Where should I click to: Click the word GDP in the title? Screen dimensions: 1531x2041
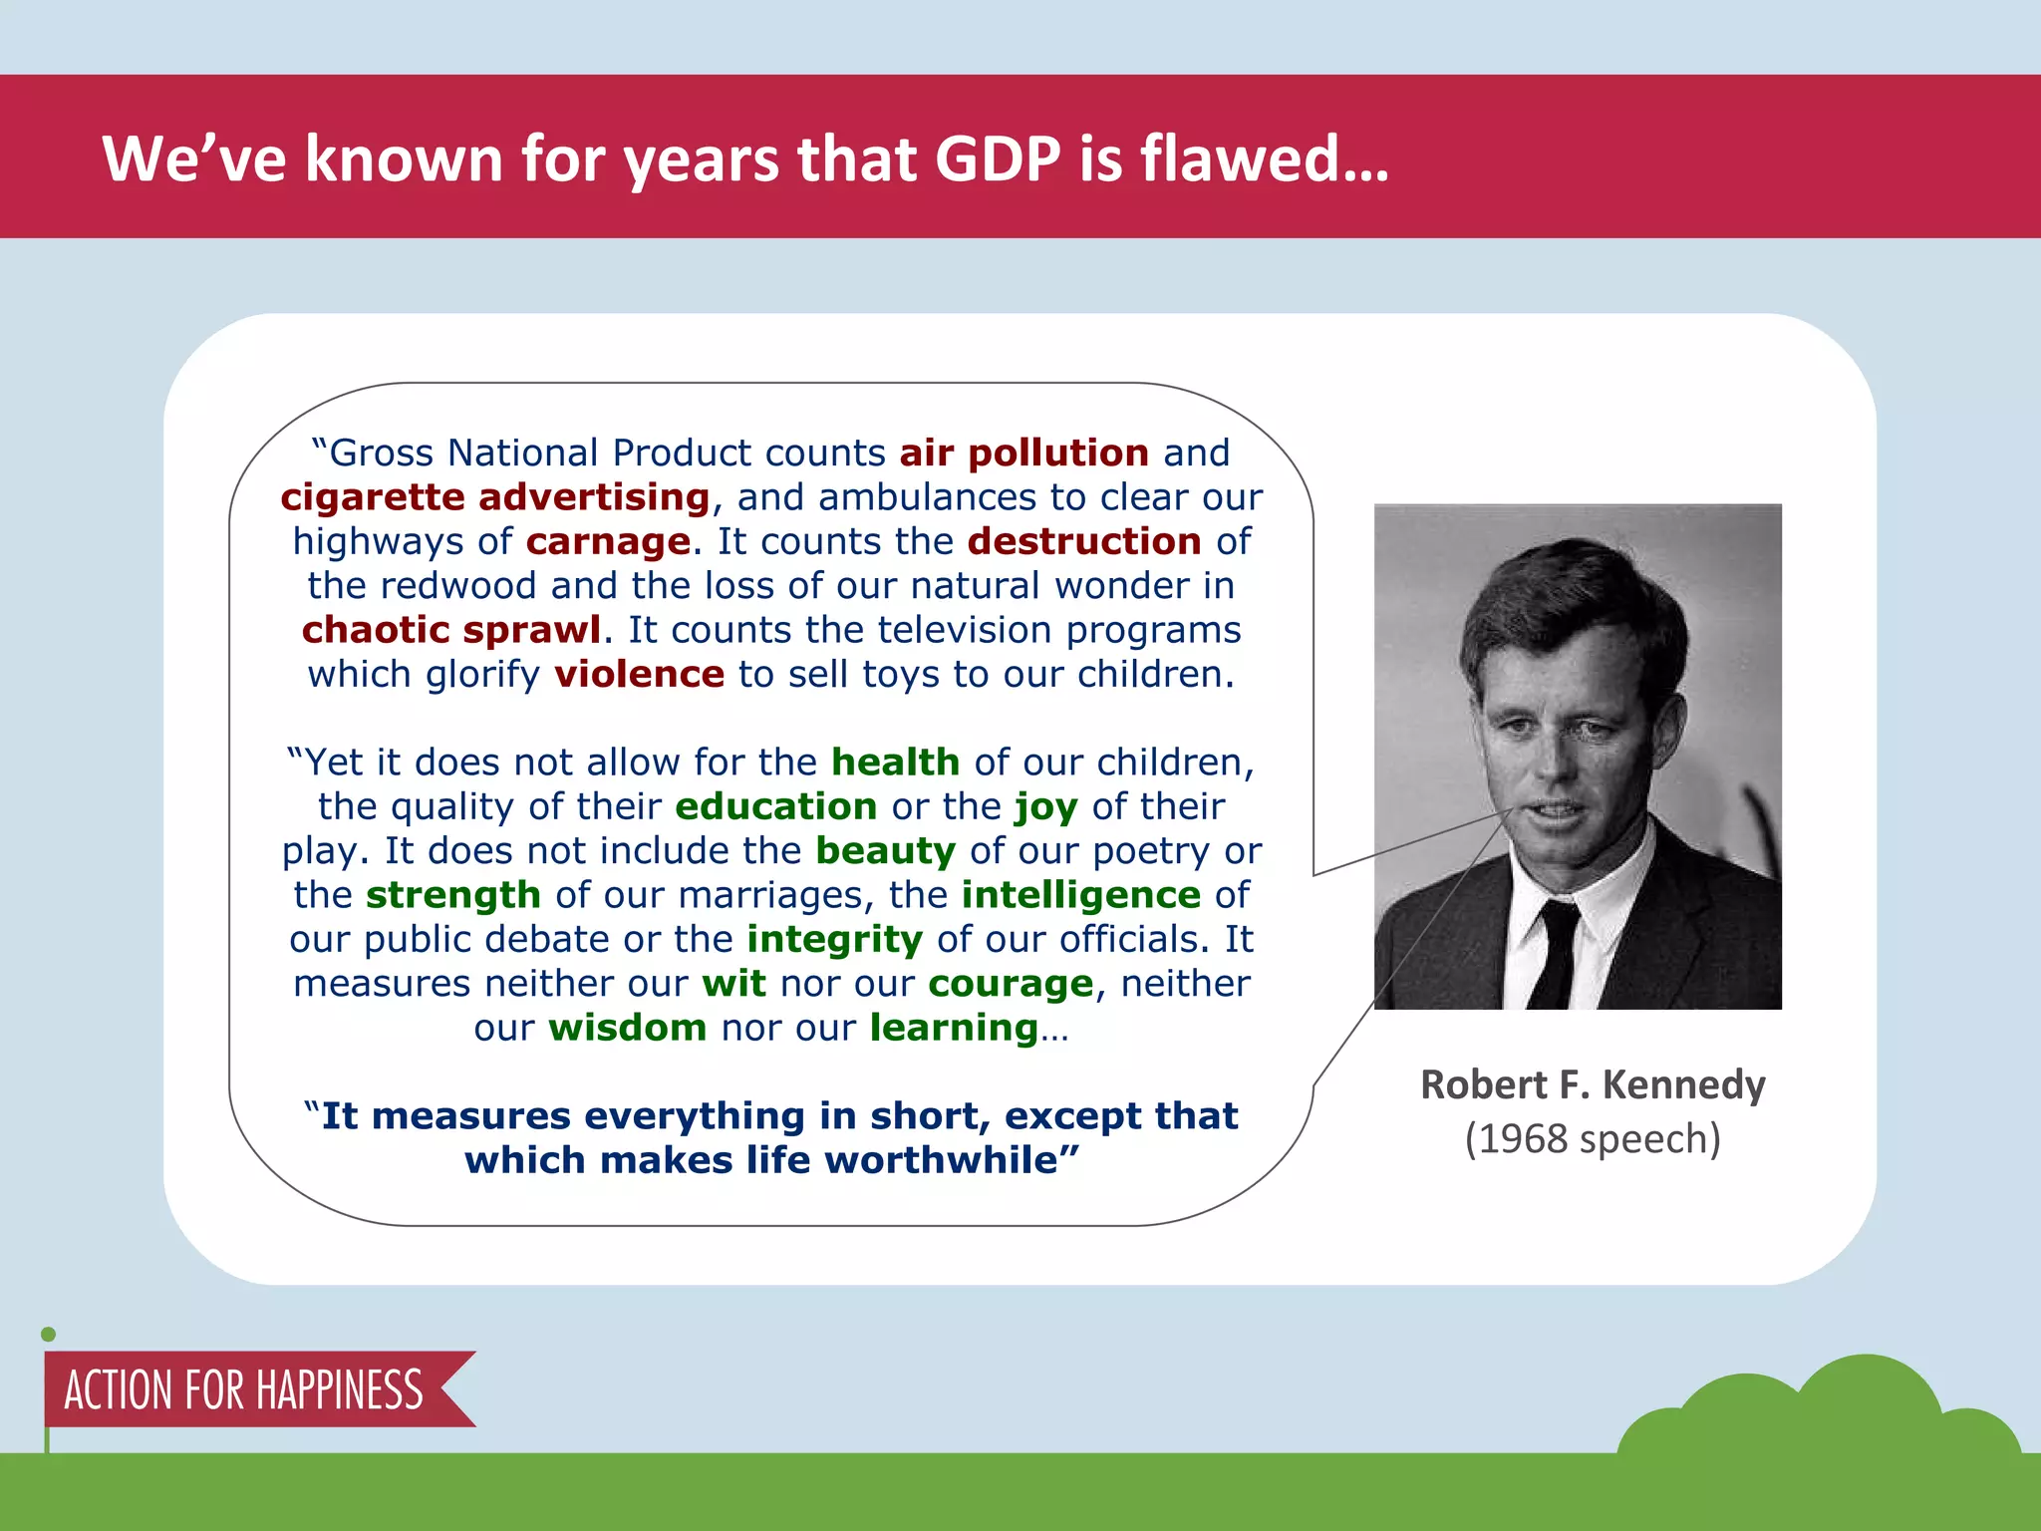999,159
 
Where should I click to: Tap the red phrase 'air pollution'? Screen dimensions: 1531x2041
1023,453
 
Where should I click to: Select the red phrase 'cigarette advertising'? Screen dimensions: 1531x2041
495,496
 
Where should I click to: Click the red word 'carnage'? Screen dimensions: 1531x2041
608,541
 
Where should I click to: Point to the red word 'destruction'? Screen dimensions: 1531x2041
1084,541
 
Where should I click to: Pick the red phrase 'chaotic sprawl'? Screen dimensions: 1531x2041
451,630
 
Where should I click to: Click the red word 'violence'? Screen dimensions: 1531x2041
639,674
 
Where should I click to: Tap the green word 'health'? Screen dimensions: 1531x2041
895,763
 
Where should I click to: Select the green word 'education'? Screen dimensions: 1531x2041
775,806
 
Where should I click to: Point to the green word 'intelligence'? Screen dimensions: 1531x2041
1080,895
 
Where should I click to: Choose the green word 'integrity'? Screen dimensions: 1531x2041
835,940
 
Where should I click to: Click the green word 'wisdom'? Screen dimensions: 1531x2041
628,1028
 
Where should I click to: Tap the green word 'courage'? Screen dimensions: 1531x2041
1011,985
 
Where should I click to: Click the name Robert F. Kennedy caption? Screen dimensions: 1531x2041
1593,1084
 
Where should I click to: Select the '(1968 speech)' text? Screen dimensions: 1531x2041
1593,1139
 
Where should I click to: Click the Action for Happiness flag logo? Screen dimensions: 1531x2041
244,1389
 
